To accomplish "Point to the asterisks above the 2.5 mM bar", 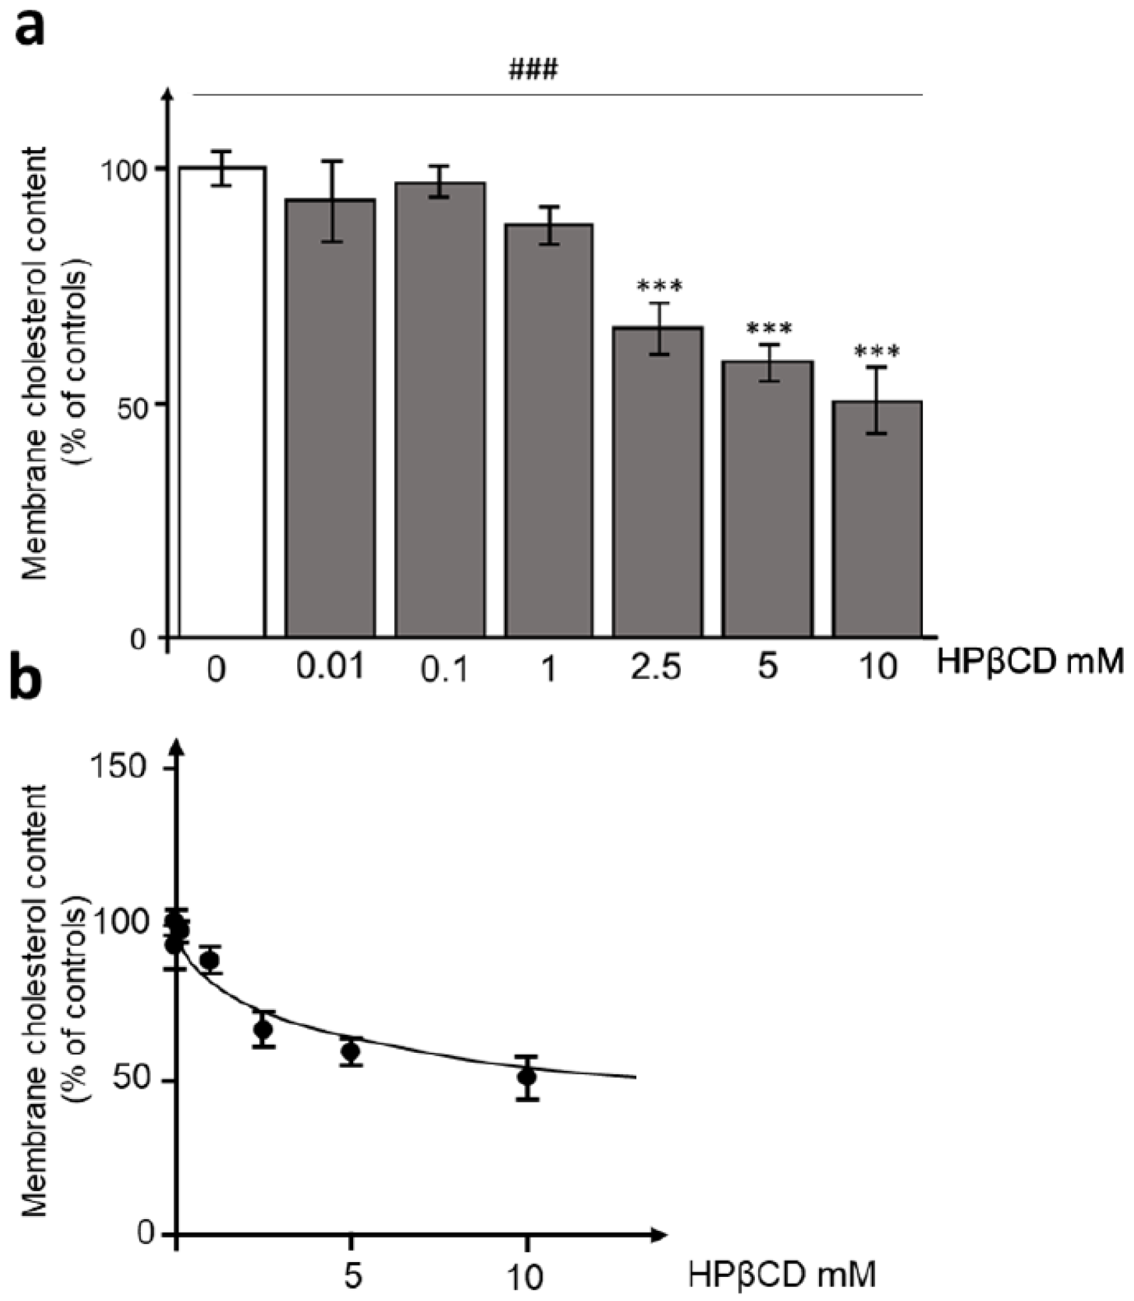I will coord(659,286).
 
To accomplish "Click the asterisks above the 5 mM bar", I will coord(769,328).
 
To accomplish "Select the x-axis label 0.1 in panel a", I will coord(444,670).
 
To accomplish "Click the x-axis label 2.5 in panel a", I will coord(656,668).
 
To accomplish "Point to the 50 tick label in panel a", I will coord(136,403).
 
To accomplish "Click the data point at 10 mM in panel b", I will coord(527,1078).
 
